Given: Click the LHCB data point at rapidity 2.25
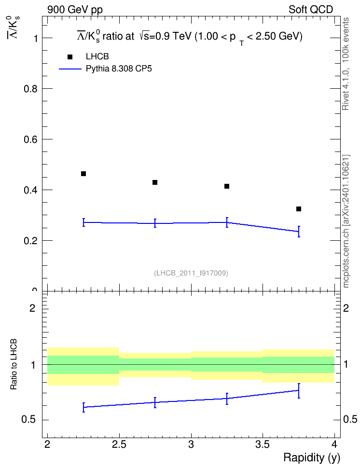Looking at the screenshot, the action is [x=83, y=174].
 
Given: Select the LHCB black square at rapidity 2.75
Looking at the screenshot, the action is [x=155, y=182].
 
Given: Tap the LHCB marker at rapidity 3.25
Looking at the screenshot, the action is [x=227, y=186].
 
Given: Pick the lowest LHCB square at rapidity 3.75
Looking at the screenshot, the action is [x=299, y=209].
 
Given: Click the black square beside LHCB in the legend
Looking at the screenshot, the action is [x=70, y=57].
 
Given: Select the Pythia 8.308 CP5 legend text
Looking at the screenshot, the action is [x=119, y=69].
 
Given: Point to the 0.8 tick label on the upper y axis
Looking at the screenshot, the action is [x=31, y=89].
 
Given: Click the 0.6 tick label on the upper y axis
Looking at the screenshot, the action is [x=31, y=139].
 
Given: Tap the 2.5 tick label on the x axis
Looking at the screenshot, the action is [x=119, y=444].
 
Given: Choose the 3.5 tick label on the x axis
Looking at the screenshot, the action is [x=263, y=444].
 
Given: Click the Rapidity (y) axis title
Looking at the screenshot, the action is [x=312, y=458].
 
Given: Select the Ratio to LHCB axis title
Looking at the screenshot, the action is [x=14, y=364].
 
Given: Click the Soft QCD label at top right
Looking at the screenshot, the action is [x=311, y=10].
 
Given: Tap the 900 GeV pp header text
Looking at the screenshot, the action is [x=75, y=10].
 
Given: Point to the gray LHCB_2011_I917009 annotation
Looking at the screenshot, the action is [x=191, y=273].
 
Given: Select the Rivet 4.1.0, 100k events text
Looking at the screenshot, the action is [x=346, y=64].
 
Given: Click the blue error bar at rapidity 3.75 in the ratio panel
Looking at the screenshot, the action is [x=299, y=391].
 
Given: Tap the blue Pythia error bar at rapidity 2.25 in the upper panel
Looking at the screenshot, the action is [x=84, y=222].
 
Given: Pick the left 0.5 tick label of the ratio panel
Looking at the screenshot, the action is [x=29, y=420].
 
